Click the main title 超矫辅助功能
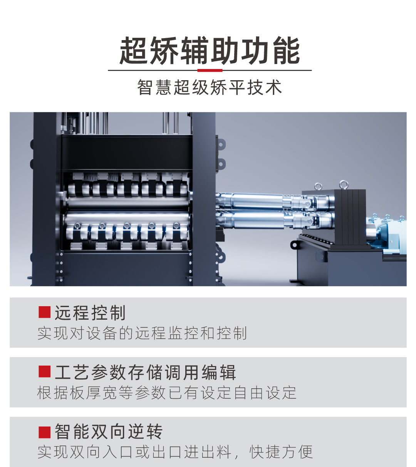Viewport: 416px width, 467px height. click(210, 51)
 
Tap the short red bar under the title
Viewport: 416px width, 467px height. click(210, 71)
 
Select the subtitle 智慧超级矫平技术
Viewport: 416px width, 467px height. click(210, 88)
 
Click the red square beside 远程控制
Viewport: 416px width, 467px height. click(45, 312)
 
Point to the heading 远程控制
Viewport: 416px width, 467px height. click(90, 313)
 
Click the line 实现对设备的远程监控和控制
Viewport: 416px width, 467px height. click(142, 333)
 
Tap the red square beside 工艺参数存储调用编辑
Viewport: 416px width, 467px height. click(45, 372)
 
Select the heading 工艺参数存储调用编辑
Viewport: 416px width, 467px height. click(145, 373)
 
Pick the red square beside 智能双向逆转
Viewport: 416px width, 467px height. click(45, 432)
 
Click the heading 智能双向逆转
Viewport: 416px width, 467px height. click(109, 432)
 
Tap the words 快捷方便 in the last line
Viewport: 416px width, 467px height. click(281, 452)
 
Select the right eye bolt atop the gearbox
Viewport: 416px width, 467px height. click(343, 184)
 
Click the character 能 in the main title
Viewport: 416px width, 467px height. click(286, 51)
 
